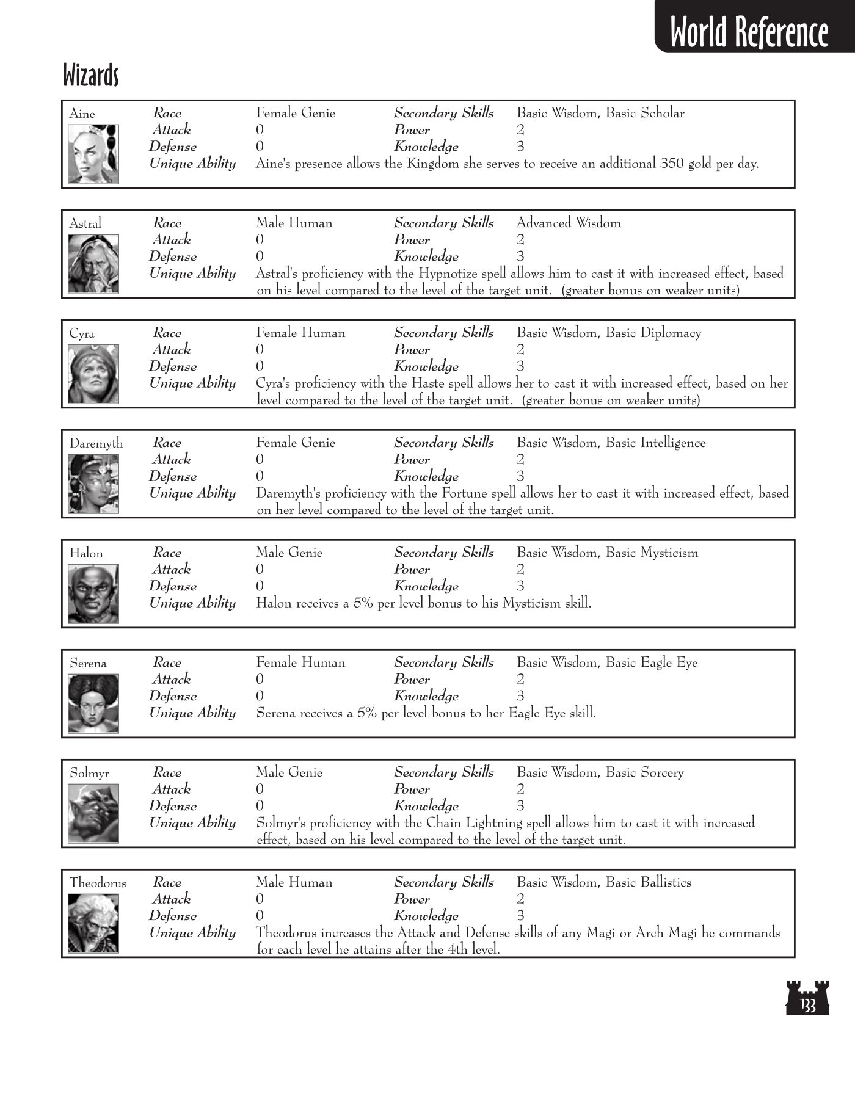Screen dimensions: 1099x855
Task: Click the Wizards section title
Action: pos(90,76)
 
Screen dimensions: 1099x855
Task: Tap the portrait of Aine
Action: pos(93,154)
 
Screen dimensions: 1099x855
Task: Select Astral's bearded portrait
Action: pos(93,264)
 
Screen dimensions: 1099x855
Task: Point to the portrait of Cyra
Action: pos(93,374)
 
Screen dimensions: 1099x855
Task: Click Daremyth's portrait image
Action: pos(93,484)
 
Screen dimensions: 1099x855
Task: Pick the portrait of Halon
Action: pos(93,593)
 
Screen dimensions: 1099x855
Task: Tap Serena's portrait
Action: pos(93,703)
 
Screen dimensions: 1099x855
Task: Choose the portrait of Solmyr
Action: pos(93,813)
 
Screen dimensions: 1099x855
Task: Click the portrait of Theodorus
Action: pos(93,923)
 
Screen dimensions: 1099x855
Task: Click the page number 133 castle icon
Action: pos(807,998)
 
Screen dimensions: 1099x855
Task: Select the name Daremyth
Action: pos(96,443)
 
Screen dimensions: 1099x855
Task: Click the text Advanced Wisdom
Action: pos(569,223)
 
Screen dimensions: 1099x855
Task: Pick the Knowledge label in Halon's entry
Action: pos(426,586)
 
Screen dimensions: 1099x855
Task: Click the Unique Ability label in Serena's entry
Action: pos(192,713)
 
